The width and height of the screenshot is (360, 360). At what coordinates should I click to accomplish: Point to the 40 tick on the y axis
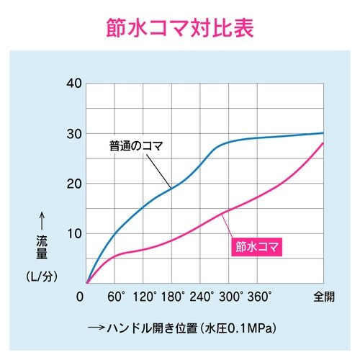pyautogui.click(x=72, y=83)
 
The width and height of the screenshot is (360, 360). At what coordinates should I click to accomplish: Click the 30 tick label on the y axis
pyautogui.click(x=72, y=133)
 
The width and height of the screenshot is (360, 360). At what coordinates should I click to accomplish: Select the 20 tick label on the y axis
pyautogui.click(x=72, y=184)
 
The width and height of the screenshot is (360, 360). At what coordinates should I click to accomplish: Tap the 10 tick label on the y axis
pyautogui.click(x=72, y=233)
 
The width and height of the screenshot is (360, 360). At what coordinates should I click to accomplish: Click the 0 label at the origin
pyautogui.click(x=81, y=295)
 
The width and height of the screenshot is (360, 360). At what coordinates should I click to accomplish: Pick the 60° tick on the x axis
pyautogui.click(x=117, y=295)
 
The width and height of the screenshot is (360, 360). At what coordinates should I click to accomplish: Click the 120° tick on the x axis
pyautogui.click(x=145, y=295)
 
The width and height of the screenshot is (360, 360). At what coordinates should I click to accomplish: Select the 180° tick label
pyautogui.click(x=174, y=295)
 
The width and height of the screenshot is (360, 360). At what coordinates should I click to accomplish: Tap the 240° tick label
pyautogui.click(x=202, y=295)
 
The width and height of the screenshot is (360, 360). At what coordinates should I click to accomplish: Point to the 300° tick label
pyautogui.click(x=230, y=295)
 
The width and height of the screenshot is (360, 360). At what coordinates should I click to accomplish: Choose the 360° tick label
pyautogui.click(x=259, y=295)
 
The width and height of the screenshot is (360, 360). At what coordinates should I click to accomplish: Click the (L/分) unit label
pyautogui.click(x=41, y=276)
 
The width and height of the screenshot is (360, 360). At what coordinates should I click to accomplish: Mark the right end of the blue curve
pyautogui.click(x=323, y=133)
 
